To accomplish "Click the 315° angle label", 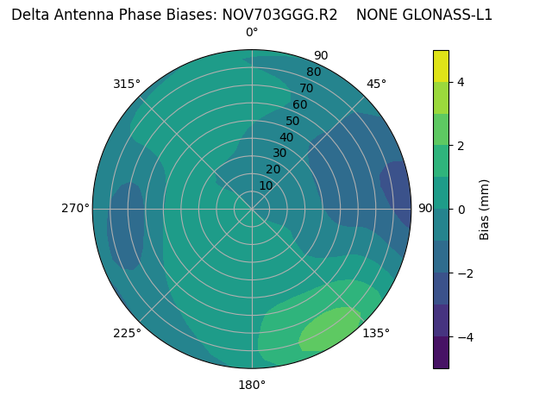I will [126, 84].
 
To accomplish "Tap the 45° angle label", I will [377, 84].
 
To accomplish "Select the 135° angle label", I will [376, 333].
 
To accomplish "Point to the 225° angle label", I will [127, 334].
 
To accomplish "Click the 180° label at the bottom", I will [252, 385].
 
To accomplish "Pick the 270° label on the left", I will [75, 208].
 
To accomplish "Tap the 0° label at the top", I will [252, 33].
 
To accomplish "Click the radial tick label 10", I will [266, 185].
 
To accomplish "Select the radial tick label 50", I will [292, 121].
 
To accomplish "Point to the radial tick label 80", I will [313, 72].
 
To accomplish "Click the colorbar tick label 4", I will [461, 82].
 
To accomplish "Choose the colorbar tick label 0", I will [461, 209].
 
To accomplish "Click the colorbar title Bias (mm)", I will [485, 209].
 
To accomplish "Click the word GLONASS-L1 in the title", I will [448, 15].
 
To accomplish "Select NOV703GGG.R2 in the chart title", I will [279, 15].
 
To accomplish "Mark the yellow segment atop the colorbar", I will [441, 66].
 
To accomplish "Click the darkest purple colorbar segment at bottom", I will [441, 352].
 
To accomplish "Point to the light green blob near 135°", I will [332, 328].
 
